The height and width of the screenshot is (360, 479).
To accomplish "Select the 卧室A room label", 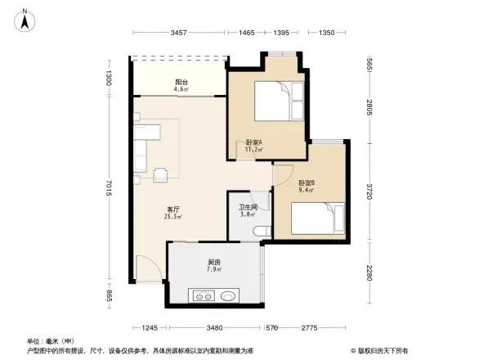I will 253,146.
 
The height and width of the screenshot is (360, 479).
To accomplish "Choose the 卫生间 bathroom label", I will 248,210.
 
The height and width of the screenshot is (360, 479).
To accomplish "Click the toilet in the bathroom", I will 261,232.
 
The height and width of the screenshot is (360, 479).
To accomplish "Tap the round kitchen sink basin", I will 230,296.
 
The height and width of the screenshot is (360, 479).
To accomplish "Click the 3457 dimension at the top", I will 180,33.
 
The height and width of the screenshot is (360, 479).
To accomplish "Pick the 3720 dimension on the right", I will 369,192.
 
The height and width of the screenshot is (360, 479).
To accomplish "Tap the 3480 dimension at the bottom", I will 215,328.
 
